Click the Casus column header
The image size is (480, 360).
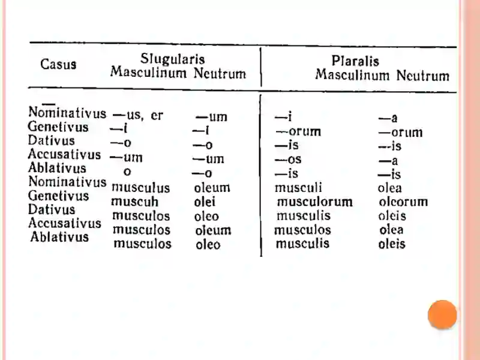(x=58, y=64)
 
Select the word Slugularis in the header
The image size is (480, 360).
(x=172, y=59)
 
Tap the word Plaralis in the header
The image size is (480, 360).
(x=355, y=61)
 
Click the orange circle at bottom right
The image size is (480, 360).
(x=442, y=314)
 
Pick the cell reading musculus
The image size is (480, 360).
(x=141, y=188)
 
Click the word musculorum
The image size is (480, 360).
(x=314, y=202)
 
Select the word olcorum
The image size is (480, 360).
(x=403, y=202)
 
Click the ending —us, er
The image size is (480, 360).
(x=137, y=116)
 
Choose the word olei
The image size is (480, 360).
(x=205, y=202)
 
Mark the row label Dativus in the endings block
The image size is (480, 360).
(x=52, y=141)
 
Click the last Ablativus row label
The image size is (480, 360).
(x=59, y=237)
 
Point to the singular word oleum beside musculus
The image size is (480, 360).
(x=212, y=188)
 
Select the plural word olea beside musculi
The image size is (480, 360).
(x=390, y=188)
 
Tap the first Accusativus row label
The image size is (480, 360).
(x=64, y=155)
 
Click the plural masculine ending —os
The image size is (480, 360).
(x=289, y=160)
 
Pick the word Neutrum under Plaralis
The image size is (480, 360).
(x=423, y=76)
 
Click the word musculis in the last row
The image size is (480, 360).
(x=302, y=244)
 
